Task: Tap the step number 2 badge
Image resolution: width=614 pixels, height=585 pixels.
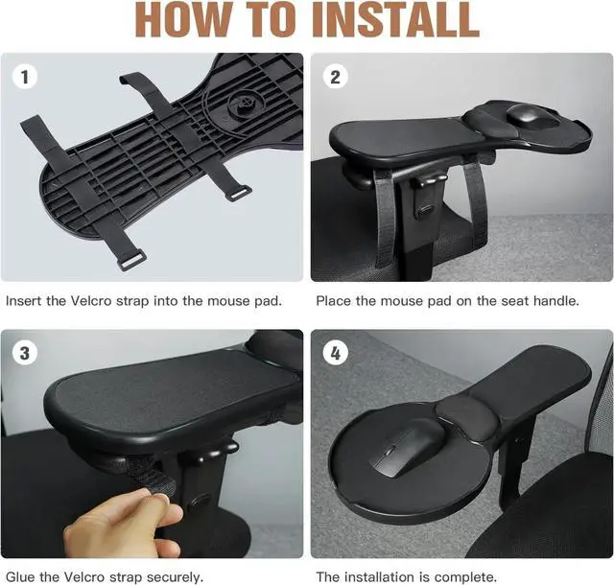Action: point(334,76)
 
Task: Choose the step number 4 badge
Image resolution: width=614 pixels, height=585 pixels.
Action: point(334,353)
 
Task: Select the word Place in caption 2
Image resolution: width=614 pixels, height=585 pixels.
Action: point(335,301)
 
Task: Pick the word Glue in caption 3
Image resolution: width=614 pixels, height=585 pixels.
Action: point(21,577)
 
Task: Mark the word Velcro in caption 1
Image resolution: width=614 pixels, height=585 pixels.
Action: point(99,301)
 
